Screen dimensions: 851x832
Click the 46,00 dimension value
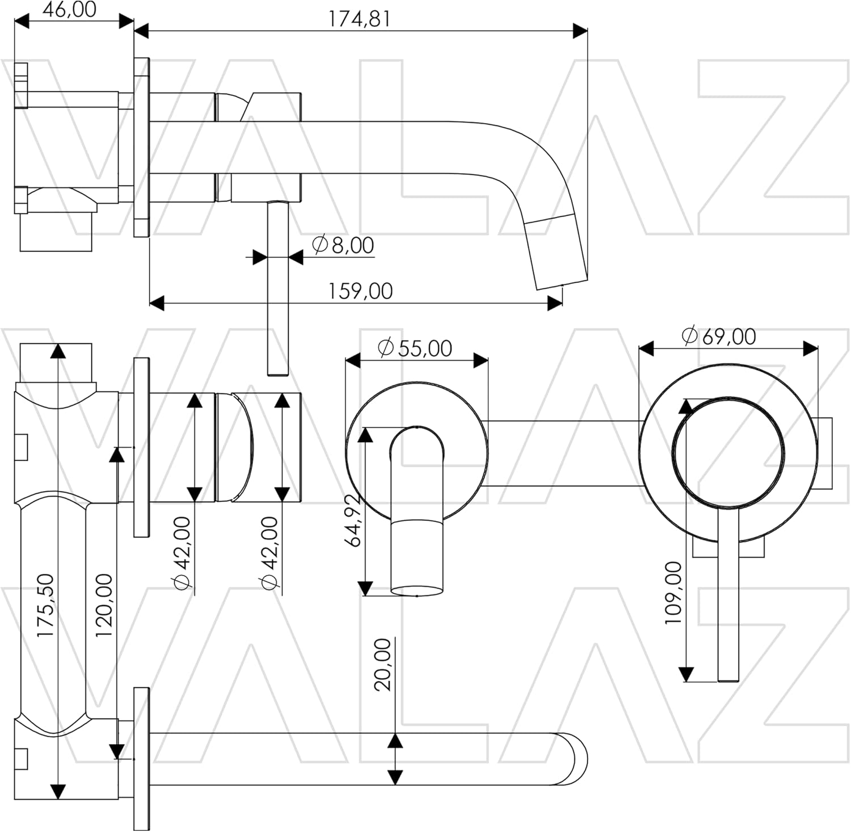pyautogui.click(x=69, y=10)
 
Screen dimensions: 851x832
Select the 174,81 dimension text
pyautogui.click(x=360, y=19)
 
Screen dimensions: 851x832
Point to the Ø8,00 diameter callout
pyautogui.click(x=343, y=245)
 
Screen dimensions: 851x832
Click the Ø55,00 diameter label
pyautogui.click(x=415, y=348)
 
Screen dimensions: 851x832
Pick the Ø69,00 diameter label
pyautogui.click(x=719, y=337)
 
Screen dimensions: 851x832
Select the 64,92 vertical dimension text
pyautogui.click(x=354, y=520)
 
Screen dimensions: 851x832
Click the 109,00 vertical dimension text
pyautogui.click(x=673, y=593)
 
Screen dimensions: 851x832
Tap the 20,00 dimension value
pyautogui.click(x=384, y=665)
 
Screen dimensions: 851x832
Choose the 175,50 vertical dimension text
pyautogui.click(x=45, y=606)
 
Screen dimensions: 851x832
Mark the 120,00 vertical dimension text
pyautogui.click(x=104, y=605)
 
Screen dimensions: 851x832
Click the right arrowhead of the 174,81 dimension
pyautogui.click(x=580, y=31)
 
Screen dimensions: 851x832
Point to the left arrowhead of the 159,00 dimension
pyautogui.click(x=157, y=303)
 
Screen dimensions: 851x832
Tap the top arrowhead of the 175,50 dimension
pyautogui.click(x=57, y=351)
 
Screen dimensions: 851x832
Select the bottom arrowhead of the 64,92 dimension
pyautogui.click(x=365, y=588)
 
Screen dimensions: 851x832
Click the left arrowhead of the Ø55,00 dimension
pyautogui.click(x=353, y=360)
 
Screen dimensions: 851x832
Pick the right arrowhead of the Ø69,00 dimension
pyautogui.click(x=811, y=348)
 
